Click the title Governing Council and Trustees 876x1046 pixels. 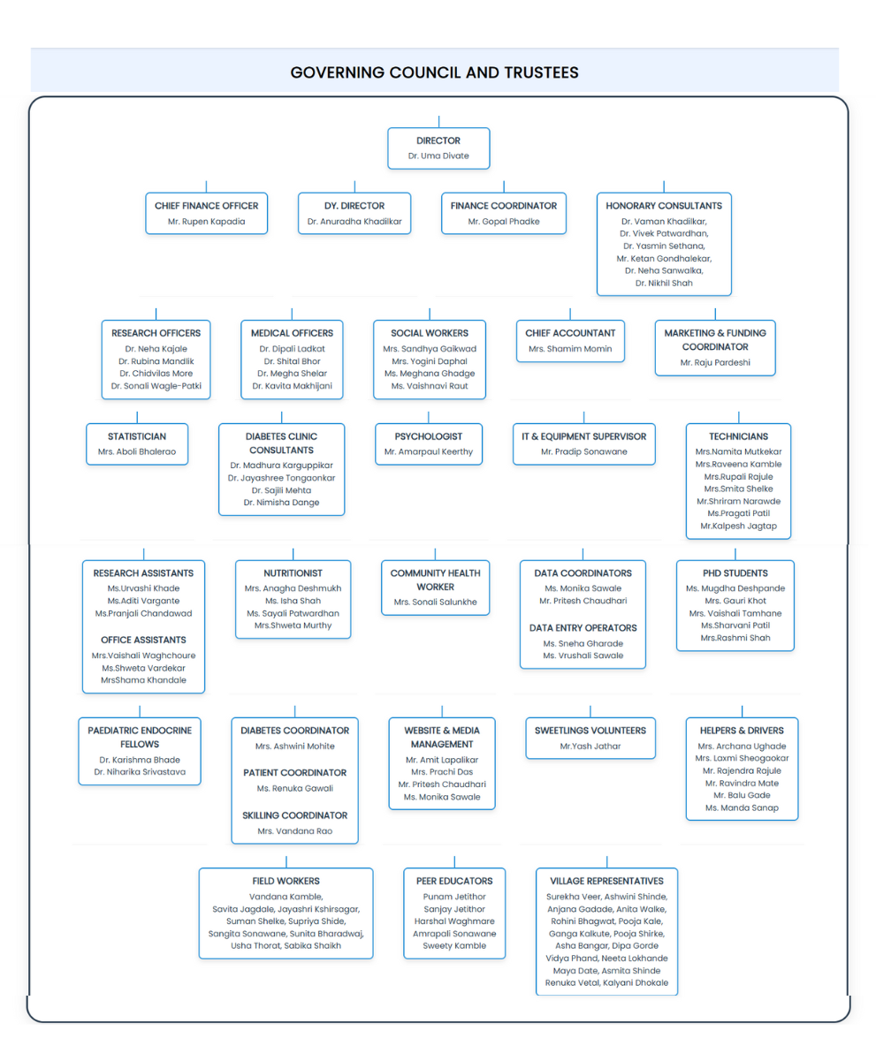pos(434,72)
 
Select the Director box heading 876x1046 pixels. pos(438,140)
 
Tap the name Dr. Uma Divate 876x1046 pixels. pos(438,156)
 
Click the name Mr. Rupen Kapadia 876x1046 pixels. pos(206,222)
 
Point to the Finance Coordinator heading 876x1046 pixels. pos(504,206)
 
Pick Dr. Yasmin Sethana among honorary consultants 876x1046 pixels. pos(664,246)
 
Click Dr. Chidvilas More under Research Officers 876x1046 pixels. pos(156,374)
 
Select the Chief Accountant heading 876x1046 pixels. pos(570,333)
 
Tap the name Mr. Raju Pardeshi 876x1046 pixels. pos(715,363)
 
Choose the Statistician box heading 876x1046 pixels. pos(137,436)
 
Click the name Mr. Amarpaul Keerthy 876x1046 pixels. pos(429,451)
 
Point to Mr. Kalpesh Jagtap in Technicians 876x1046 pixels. pos(738,526)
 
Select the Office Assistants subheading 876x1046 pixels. pos(143,640)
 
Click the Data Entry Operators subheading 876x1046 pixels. pos(583,628)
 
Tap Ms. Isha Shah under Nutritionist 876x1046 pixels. pos(293,601)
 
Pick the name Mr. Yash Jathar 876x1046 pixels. pos(590,747)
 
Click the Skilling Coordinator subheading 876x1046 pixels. pos(294,815)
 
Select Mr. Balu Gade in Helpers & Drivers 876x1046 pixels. pos(742,795)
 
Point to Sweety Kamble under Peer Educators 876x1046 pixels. pos(454,946)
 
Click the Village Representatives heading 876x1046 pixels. pos(606,881)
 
